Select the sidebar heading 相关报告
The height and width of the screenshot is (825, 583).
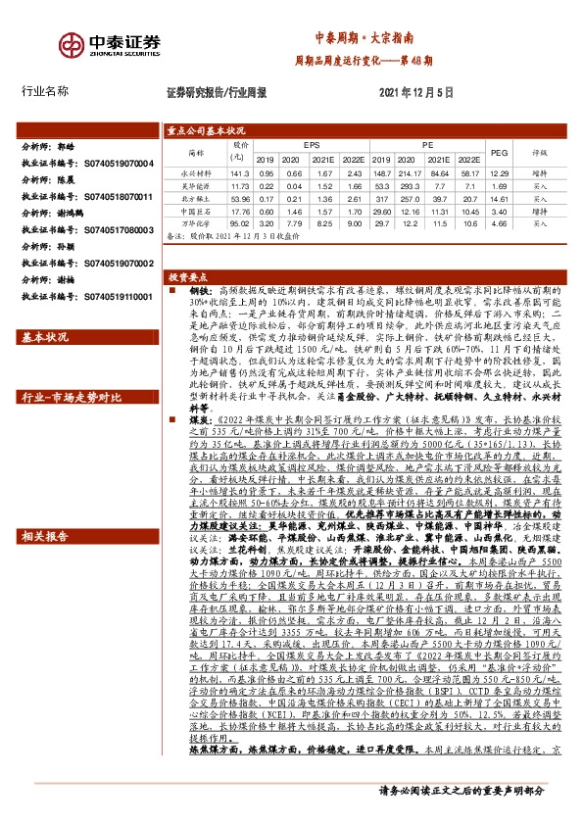tap(45, 537)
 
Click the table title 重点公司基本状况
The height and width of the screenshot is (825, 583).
tap(206, 129)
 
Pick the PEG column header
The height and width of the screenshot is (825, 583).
tap(499, 152)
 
